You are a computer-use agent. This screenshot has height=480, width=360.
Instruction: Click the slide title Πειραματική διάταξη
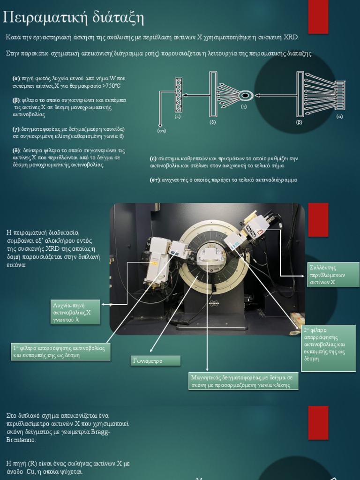73,18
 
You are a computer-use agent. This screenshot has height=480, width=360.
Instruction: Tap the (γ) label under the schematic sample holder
244,107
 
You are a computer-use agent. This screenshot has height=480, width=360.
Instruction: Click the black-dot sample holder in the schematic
244,96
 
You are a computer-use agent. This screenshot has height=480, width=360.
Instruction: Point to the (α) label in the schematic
340,116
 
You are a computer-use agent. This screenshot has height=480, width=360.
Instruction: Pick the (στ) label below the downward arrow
161,131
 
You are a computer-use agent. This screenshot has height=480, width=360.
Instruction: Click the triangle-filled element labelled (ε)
178,95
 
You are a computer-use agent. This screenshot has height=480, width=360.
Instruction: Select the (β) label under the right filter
299,122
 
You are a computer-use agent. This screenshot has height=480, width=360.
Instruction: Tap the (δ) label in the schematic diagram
213,122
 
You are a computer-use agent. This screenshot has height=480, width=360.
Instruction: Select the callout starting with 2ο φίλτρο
328,348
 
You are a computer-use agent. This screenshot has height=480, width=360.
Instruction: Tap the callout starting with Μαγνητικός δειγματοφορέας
243,381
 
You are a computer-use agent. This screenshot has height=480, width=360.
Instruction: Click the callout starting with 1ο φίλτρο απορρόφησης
61,352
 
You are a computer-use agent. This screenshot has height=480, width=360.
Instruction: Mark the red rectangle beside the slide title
318,16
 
